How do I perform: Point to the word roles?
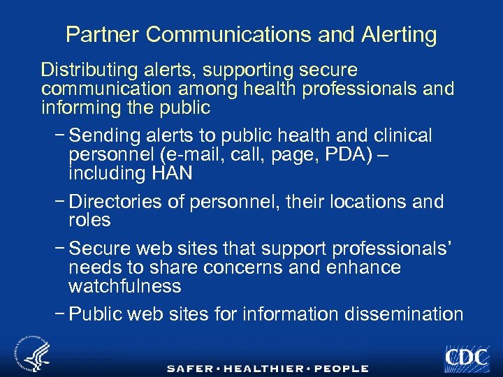[89, 220]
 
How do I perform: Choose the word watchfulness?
[125, 286]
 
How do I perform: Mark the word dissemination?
[404, 314]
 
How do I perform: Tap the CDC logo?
[465, 357]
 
